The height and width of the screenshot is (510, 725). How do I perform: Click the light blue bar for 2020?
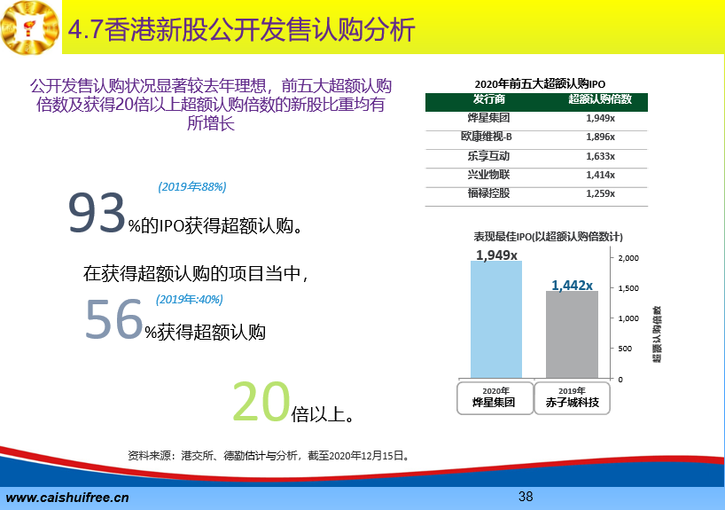[496, 319]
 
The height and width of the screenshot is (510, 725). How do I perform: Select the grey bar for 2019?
[572, 334]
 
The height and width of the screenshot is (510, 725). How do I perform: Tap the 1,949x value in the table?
[600, 118]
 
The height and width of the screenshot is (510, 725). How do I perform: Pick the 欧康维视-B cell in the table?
[487, 137]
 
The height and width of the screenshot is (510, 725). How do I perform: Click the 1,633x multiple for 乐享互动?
[600, 156]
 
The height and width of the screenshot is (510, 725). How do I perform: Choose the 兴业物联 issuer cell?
[488, 175]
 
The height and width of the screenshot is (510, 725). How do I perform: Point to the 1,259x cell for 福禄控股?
[600, 193]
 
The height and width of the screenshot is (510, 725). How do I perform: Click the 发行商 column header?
[488, 99]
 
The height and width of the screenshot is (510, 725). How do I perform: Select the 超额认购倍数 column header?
[600, 99]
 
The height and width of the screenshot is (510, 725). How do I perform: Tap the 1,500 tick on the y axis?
[628, 288]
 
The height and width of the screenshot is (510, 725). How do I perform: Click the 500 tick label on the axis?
[625, 349]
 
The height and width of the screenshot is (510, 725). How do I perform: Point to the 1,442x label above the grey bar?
[572, 285]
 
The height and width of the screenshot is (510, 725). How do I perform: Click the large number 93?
[97, 213]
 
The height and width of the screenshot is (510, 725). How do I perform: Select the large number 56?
[113, 319]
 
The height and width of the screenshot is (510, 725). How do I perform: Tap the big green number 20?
[261, 401]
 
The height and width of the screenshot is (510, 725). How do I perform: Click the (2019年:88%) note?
[191, 186]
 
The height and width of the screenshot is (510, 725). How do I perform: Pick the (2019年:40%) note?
[189, 300]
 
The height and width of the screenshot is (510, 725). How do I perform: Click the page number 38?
[526, 497]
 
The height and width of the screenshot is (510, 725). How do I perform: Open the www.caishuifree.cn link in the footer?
[67, 498]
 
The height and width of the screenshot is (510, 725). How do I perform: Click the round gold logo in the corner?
[30, 27]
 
